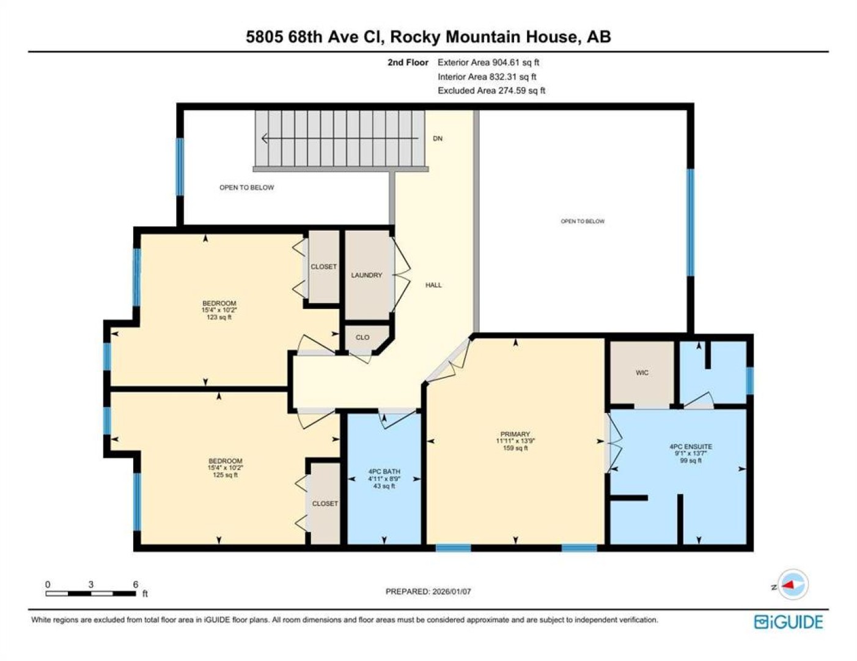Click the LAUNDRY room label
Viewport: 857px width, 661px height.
(366, 275)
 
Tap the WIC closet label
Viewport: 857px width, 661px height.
(642, 372)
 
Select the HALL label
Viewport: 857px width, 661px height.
(433, 285)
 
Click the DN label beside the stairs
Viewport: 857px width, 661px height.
(438, 138)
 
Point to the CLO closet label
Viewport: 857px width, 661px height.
(362, 337)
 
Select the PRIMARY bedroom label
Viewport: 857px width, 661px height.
(515, 433)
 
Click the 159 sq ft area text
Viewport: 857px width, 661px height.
(515, 448)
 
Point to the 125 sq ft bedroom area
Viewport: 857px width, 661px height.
(225, 474)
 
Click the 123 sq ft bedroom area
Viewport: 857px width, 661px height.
(219, 316)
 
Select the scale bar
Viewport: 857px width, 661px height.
(90, 593)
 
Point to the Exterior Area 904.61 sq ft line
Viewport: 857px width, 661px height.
(488, 62)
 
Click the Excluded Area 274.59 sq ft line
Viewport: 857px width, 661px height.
(491, 91)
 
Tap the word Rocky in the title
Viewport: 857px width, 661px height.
(415, 37)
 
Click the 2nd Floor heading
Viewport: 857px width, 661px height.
(408, 62)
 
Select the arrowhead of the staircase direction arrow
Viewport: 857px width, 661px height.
(264, 138)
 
